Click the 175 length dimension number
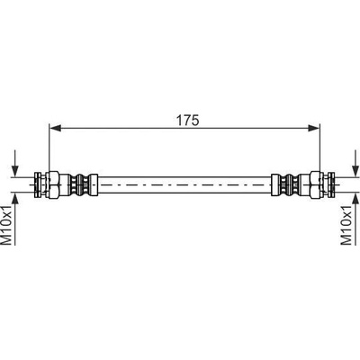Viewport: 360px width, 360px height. [187, 121]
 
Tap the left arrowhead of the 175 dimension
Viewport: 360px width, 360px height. [55, 129]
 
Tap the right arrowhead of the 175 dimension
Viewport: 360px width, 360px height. [314, 129]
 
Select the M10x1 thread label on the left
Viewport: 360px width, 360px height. [7, 225]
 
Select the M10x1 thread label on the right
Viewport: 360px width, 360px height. [346, 225]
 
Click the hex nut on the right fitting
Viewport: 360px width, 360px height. [317, 184]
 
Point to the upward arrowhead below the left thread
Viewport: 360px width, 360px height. [15, 198]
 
